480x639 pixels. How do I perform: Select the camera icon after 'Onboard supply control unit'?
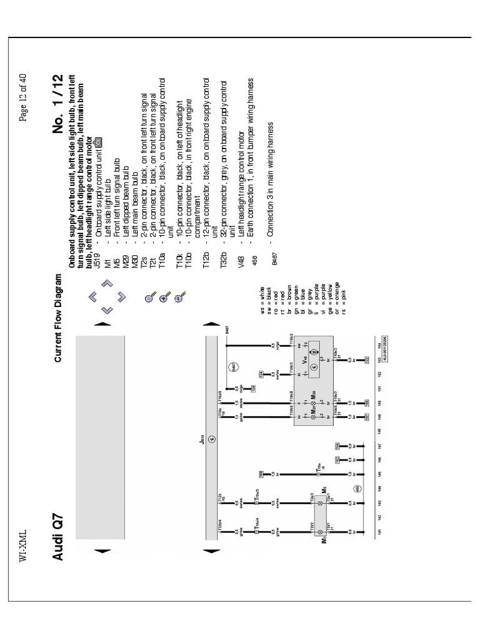coord(97,143)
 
